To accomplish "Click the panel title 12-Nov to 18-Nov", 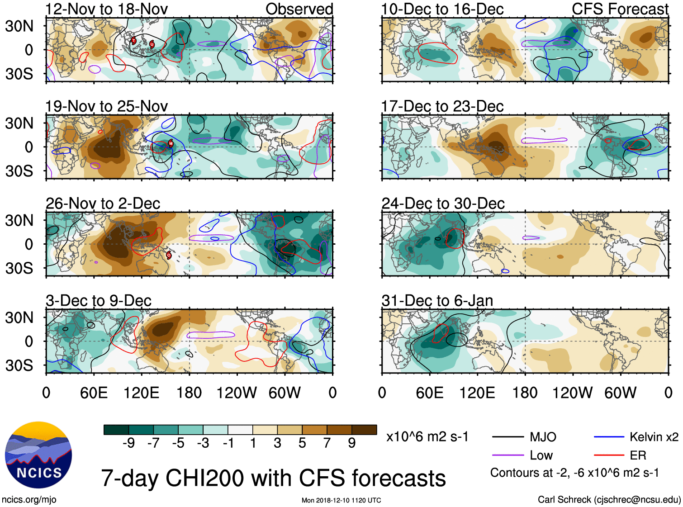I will point(107,9).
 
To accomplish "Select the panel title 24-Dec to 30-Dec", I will point(443,204).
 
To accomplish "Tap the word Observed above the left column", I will point(299,9).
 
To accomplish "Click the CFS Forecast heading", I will point(620,9).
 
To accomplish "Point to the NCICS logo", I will point(38,455).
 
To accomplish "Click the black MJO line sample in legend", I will point(508,437).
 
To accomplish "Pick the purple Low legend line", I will point(508,455).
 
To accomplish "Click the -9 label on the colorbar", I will point(128,443).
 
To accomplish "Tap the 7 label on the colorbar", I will point(327,443).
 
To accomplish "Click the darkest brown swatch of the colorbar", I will point(364,430).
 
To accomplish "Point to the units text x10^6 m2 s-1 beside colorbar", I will point(427,436).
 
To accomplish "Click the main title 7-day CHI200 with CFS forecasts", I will point(273,478).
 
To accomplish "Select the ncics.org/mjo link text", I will point(29,499).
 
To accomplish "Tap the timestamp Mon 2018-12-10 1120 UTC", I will point(341,500).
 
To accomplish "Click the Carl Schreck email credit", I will point(609,499).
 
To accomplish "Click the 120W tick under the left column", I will point(237,393).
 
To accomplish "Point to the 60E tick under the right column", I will point(429,393).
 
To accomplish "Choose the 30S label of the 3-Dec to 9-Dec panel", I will point(19,365).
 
